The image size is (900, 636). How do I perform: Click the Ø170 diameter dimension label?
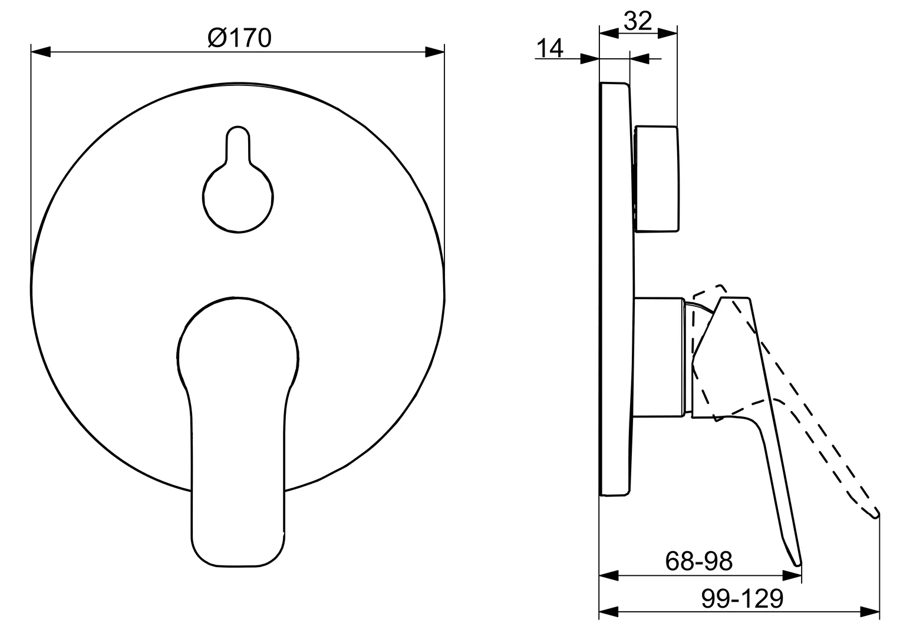[x=239, y=38]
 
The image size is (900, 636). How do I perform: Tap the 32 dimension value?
[x=638, y=21]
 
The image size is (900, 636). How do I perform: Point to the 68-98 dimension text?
[x=699, y=561]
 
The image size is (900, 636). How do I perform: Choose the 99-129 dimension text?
[x=743, y=599]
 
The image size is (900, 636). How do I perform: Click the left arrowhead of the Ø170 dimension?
[x=40, y=52]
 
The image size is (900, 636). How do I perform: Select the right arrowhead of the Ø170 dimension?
[x=434, y=52]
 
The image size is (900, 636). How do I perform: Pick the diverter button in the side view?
[x=655, y=178]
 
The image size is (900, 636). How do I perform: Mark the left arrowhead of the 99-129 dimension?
[x=608, y=611]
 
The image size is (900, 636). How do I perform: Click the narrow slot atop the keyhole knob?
[x=238, y=144]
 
